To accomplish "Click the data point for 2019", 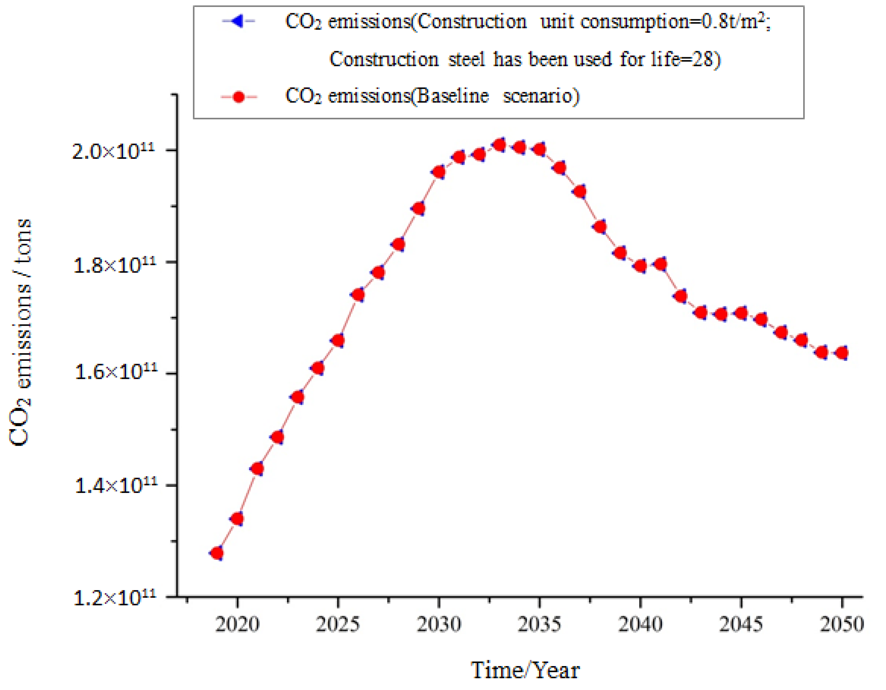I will click(217, 553).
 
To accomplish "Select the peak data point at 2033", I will click(500, 145).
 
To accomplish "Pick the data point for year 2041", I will click(660, 264).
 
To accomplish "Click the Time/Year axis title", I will click(525, 670).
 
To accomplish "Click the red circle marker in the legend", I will click(239, 97).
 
